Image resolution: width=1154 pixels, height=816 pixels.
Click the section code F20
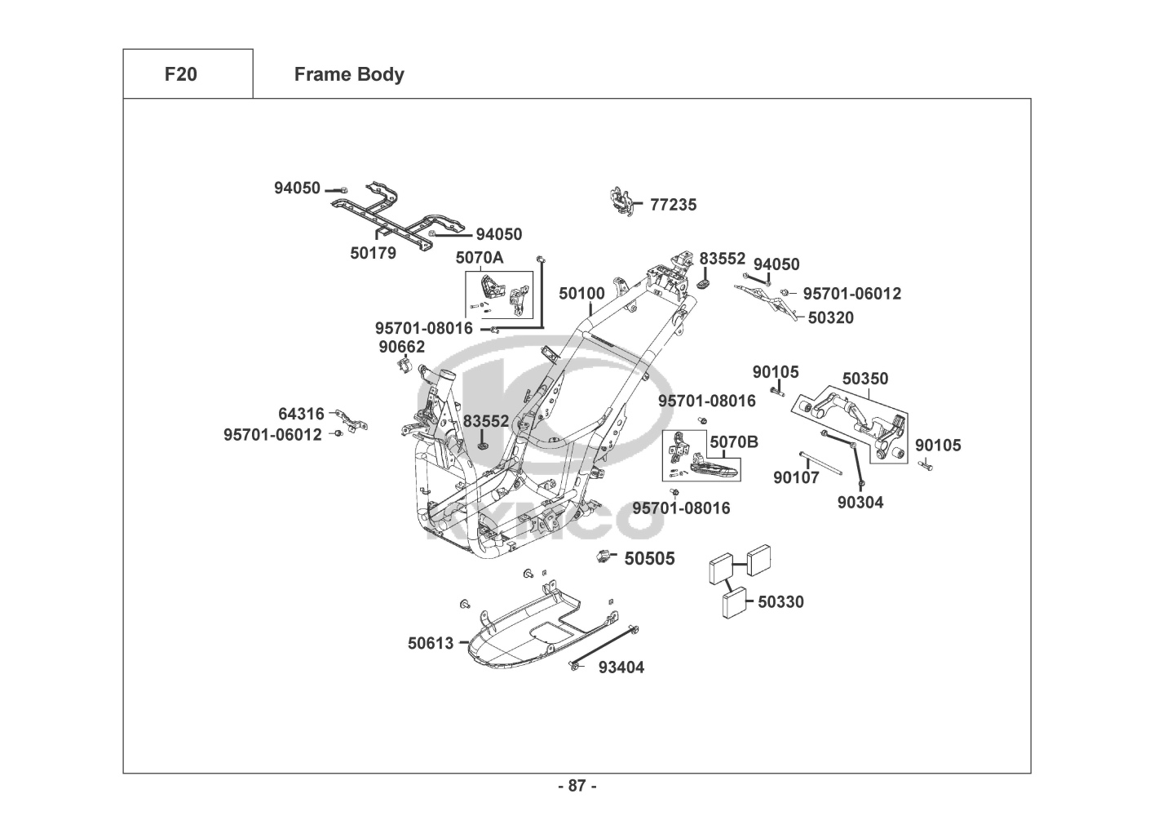click(180, 74)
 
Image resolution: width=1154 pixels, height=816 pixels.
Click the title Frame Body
click(349, 74)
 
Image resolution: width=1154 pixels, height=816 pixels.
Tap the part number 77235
click(673, 205)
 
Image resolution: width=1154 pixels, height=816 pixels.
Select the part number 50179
click(374, 253)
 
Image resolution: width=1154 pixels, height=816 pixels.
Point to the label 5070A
click(480, 258)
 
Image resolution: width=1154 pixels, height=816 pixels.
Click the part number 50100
click(581, 293)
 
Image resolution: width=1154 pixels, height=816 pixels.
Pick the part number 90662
click(401, 347)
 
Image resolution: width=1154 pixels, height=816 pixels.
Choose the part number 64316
click(301, 415)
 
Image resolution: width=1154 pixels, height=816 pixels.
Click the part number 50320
click(830, 318)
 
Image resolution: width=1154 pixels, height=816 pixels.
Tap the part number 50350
click(865, 379)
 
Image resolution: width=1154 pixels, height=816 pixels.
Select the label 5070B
click(734, 442)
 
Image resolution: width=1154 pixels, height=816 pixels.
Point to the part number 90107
click(796, 477)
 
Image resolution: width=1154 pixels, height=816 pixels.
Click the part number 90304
click(860, 503)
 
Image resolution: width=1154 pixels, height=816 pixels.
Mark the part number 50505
click(649, 559)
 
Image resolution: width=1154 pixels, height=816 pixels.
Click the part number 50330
click(780, 602)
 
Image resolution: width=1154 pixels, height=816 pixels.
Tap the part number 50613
click(431, 643)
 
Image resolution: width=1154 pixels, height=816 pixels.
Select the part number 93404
click(621, 667)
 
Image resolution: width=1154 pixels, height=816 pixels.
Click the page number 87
click(577, 786)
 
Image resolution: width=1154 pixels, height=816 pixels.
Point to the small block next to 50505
click(605, 557)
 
